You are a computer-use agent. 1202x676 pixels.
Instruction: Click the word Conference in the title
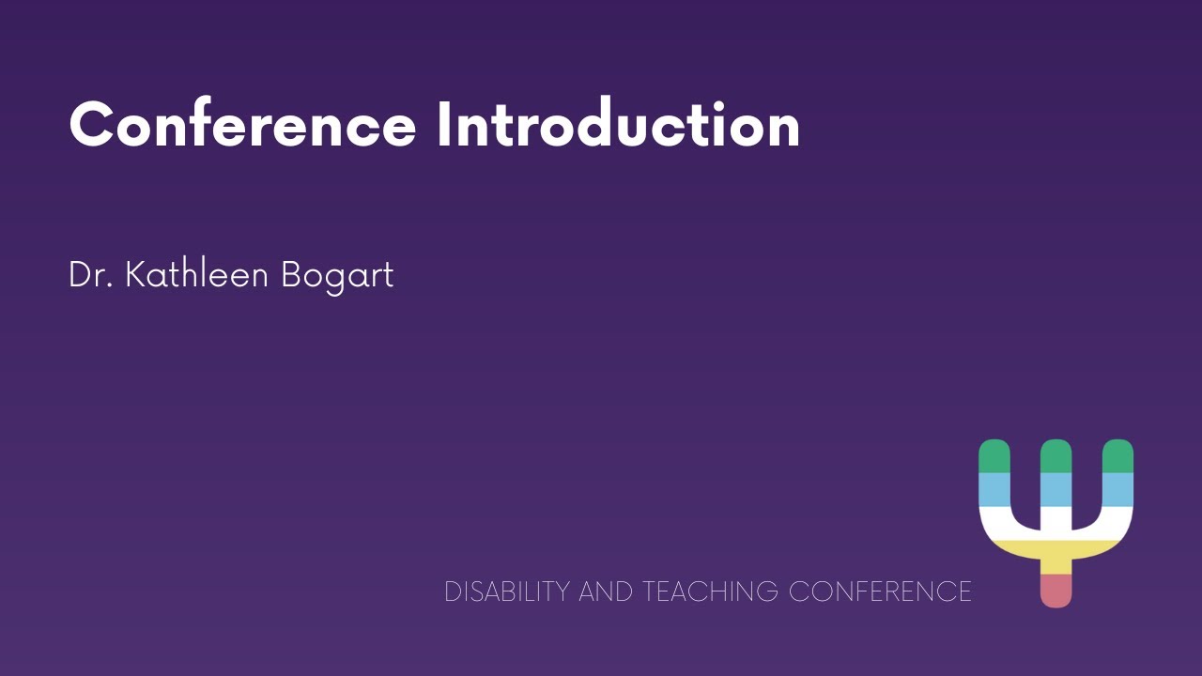click(242, 125)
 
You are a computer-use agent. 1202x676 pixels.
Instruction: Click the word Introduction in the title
click(618, 125)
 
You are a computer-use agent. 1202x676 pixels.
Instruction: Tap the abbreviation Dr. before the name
click(90, 275)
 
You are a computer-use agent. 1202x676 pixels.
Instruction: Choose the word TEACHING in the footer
click(710, 591)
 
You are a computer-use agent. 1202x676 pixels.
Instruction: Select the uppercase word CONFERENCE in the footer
click(880, 591)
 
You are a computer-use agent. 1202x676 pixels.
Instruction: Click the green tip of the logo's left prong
click(994, 455)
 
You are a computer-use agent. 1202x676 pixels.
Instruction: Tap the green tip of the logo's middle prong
click(1056, 455)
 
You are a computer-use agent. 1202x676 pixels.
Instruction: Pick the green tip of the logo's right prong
click(1117, 455)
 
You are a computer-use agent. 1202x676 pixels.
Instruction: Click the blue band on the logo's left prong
click(994, 489)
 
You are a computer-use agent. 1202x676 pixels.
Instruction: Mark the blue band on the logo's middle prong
click(1056, 489)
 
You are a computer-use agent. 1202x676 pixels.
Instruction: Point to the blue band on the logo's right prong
click(1117, 489)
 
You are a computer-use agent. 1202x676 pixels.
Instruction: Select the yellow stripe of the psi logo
click(1056, 554)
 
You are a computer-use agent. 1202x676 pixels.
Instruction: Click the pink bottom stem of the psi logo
click(1056, 590)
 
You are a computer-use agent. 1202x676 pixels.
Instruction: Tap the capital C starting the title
click(91, 125)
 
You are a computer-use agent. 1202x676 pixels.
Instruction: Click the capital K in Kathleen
click(135, 275)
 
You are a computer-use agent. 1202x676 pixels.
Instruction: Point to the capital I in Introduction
click(444, 125)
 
